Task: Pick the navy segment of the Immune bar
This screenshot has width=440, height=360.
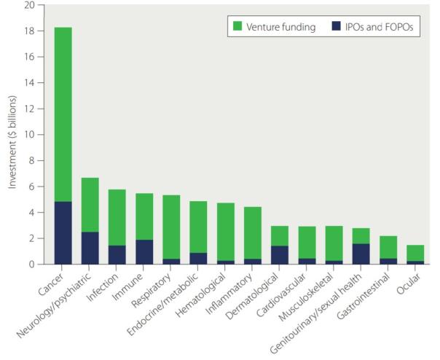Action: click(144, 251)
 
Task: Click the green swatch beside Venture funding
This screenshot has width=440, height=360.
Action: click(238, 27)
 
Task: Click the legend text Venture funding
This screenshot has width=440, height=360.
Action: click(280, 27)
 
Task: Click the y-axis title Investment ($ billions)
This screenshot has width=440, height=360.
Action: click(12, 135)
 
